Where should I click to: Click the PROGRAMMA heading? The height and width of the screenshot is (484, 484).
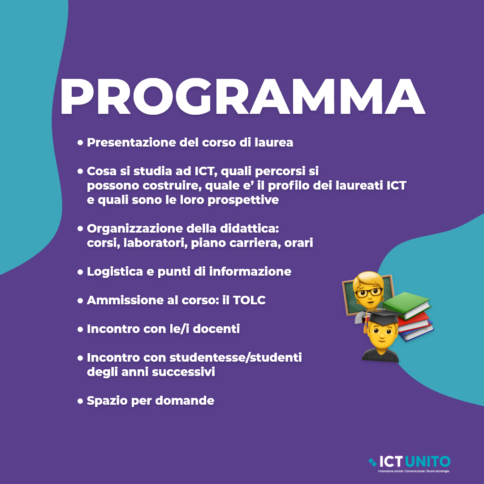pyautogui.click(x=242, y=96)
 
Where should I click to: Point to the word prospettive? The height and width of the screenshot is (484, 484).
pyautogui.click(x=243, y=200)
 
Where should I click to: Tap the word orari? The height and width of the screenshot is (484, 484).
pyautogui.click(x=298, y=243)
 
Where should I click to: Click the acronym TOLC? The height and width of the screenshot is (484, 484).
pyautogui.click(x=249, y=300)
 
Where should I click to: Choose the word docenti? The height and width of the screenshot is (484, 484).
pyautogui.click(x=216, y=329)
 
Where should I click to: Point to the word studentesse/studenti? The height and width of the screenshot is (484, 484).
pyautogui.click(x=236, y=358)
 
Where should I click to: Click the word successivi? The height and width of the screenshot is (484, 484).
pyautogui.click(x=183, y=372)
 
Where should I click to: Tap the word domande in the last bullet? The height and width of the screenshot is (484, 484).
pyautogui.click(x=185, y=401)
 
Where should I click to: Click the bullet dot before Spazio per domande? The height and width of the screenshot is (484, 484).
pyautogui.click(x=80, y=401)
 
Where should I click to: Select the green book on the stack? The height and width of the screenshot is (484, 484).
pyautogui.click(x=407, y=305)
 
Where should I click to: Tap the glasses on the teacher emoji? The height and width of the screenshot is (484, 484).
pyautogui.click(x=369, y=292)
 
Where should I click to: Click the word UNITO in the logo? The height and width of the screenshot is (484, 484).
pyautogui.click(x=428, y=462)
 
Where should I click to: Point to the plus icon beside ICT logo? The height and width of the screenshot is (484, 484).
pyautogui.click(x=372, y=462)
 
